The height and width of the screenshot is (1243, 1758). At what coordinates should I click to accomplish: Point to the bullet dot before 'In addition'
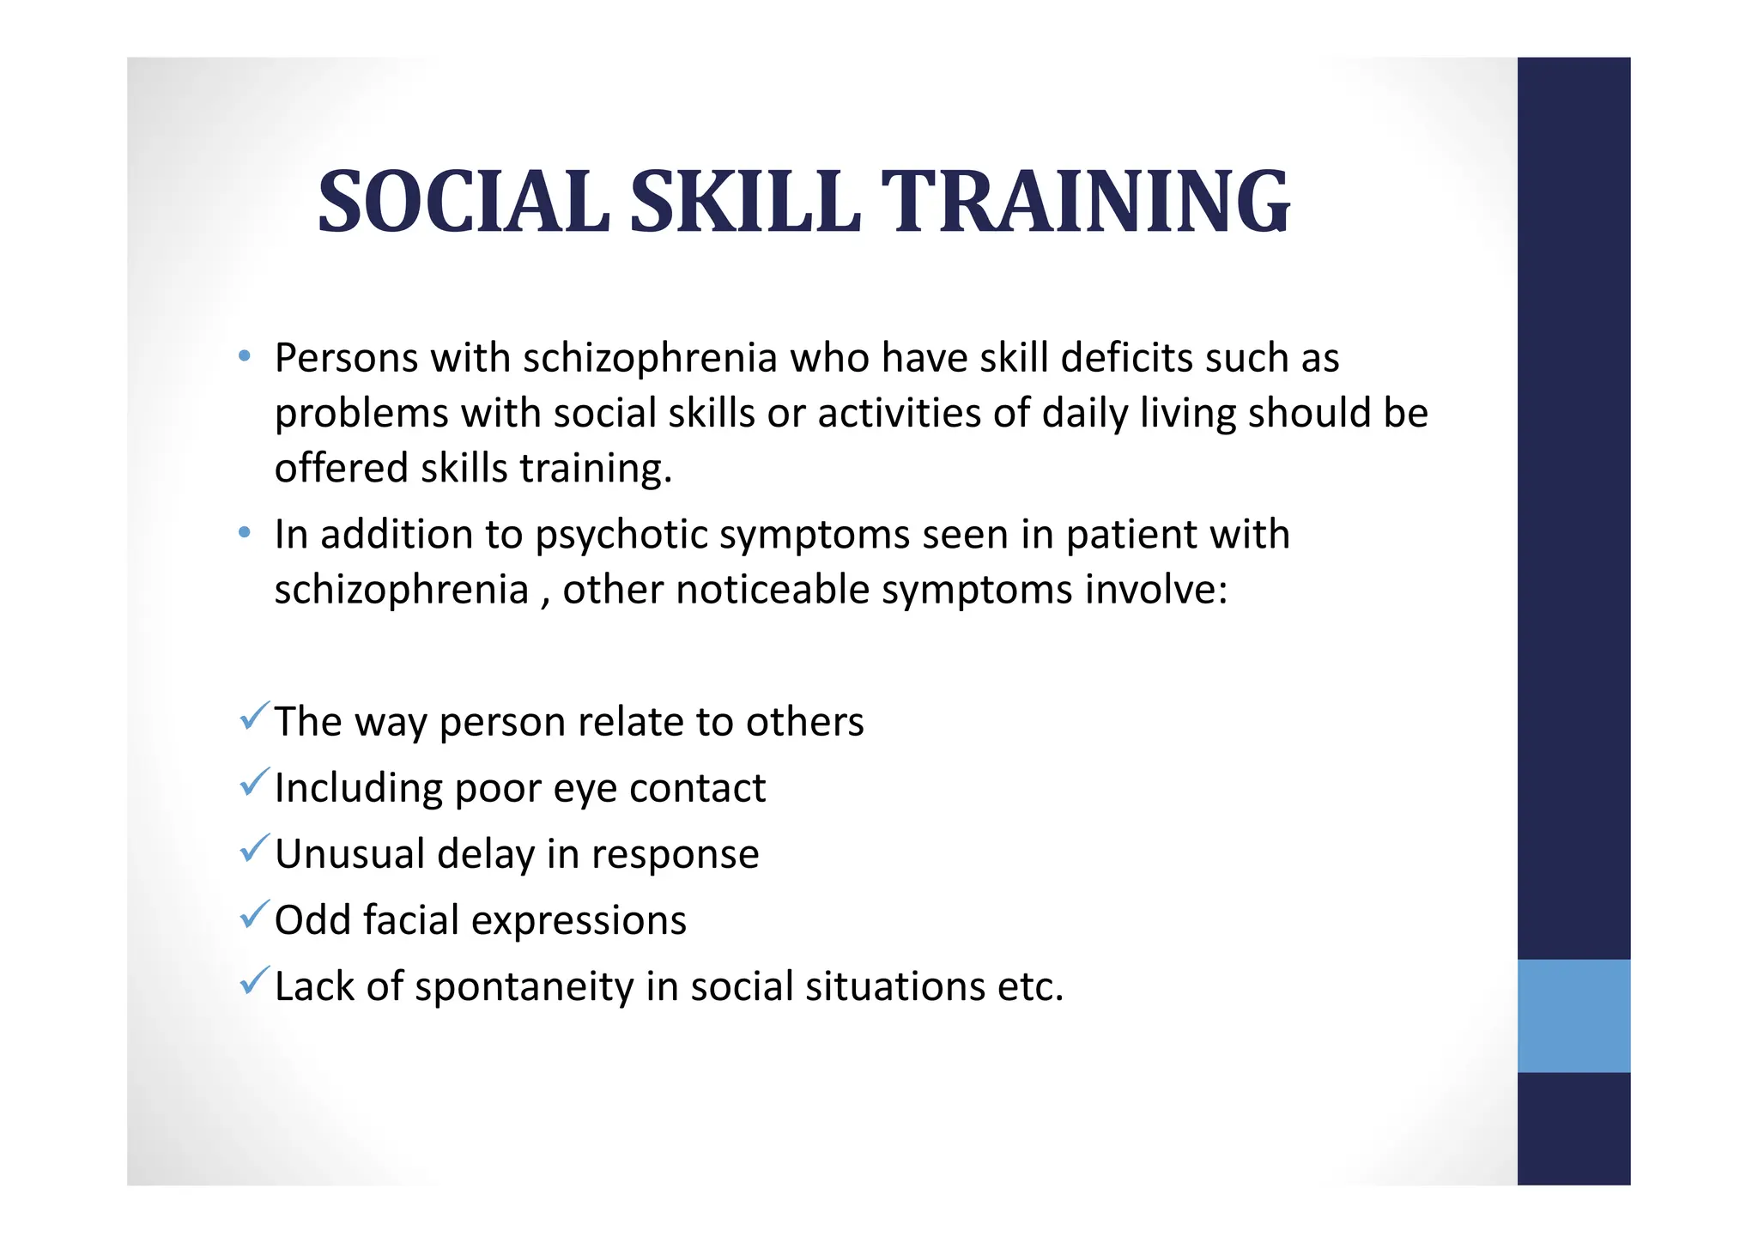245,533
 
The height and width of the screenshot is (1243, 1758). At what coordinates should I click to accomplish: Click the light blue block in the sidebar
1573,1016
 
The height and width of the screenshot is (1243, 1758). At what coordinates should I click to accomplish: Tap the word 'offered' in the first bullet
341,469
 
